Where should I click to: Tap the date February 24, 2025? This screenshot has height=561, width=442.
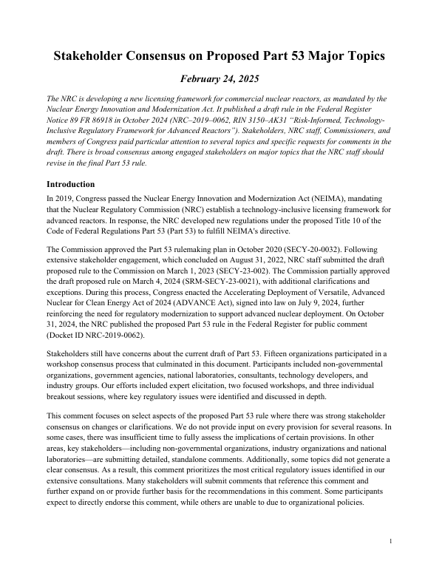[221, 79]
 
